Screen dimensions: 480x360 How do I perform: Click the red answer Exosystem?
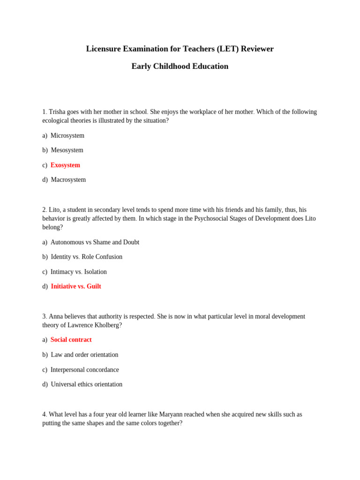tap(65, 165)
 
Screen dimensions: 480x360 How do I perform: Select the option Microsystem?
tap(67, 135)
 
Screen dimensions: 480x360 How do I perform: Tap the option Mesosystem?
tap(67, 150)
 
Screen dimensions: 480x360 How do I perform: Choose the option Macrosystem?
tap(68, 180)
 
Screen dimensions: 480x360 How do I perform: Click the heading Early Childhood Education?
tap(180, 66)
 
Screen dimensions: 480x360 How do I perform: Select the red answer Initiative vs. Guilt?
tap(76, 286)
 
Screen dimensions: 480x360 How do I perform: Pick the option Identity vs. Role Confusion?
tap(87, 257)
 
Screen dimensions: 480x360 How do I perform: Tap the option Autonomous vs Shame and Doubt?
tap(95, 242)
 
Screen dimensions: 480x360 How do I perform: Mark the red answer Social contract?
tap(71, 340)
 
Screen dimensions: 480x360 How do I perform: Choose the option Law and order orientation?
tap(84, 355)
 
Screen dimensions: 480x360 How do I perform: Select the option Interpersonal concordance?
tap(85, 370)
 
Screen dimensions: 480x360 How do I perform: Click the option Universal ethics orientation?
tap(87, 384)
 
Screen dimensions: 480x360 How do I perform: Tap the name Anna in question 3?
tap(56, 316)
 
